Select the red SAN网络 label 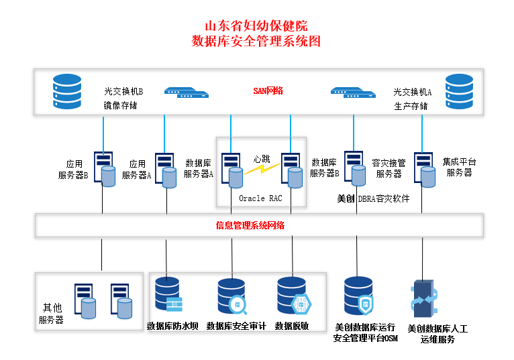click(268, 91)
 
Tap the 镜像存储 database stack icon click(66, 92)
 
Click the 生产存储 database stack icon click(459, 92)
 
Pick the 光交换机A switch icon click(353, 93)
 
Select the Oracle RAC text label click(260, 198)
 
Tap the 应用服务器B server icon click(104, 168)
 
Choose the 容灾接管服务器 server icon click(355, 168)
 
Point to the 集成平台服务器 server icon click(425, 168)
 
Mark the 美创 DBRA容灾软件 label click(373, 199)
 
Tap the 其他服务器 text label click(51, 314)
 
